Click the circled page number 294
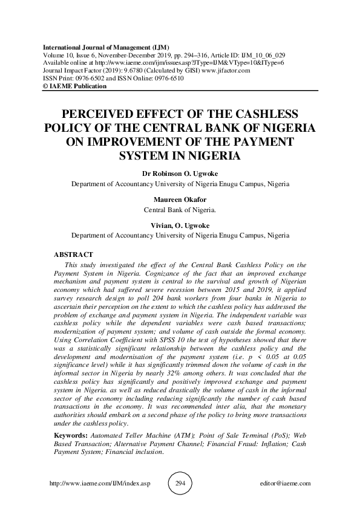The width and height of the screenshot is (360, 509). coord(179,484)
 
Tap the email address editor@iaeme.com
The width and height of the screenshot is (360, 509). coord(284,484)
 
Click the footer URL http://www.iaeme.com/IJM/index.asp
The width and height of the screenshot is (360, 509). coord(98,484)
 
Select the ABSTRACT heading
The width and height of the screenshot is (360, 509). coord(74,255)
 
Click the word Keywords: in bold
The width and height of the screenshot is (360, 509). coord(71,436)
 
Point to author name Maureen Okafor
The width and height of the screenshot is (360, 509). coord(180,200)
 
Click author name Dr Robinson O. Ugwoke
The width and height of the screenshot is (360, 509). coord(180,173)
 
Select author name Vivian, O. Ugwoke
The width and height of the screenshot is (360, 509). coord(180,224)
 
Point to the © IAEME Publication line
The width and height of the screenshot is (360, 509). coord(74,86)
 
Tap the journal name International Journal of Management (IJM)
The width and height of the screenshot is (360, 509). coord(105,47)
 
